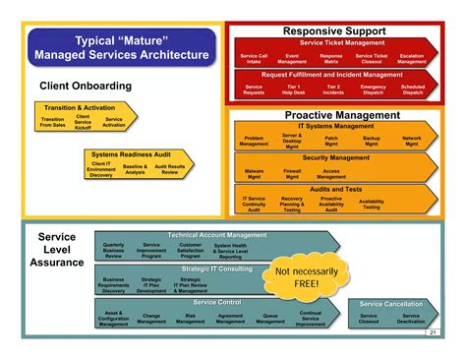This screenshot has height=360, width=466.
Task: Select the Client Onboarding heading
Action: pos(86,87)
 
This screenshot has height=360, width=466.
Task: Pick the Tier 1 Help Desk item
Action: pos(294,90)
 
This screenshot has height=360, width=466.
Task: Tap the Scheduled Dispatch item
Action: pos(413,90)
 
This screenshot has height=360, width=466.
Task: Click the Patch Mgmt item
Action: pos(332,141)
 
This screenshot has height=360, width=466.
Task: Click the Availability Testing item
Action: pos(372,204)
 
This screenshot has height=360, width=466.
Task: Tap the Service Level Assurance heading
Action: pos(57,250)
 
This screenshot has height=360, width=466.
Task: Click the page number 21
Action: pos(433,332)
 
